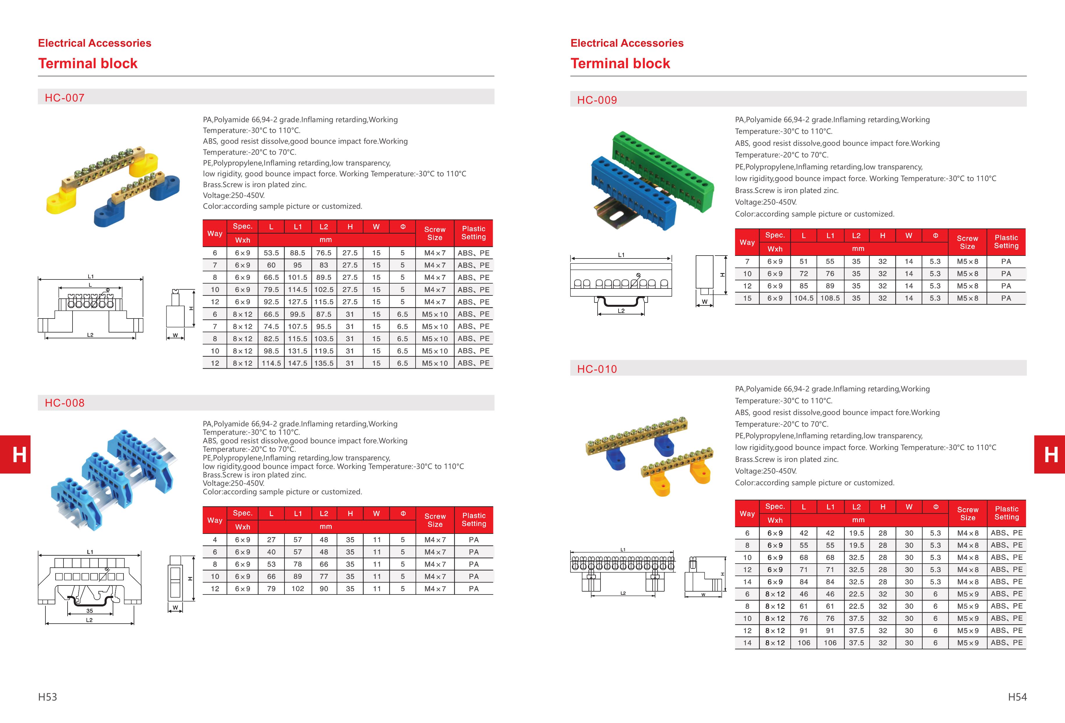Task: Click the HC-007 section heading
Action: tap(65, 98)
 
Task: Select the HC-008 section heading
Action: tap(65, 403)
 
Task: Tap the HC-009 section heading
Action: tap(597, 100)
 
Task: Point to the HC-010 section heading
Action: tap(597, 369)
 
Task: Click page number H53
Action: tap(48, 697)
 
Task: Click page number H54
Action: tap(1017, 697)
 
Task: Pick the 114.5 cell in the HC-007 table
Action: tap(271, 363)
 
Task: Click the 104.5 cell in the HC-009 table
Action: tap(804, 298)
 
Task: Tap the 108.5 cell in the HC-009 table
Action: tap(830, 298)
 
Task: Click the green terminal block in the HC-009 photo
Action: tap(665, 170)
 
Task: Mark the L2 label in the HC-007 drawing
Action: tap(90, 335)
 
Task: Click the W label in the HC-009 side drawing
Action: tap(705, 301)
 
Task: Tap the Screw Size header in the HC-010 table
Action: tap(967, 513)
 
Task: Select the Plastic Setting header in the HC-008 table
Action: tap(474, 519)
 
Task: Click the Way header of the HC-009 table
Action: tap(747, 242)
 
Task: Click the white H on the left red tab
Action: tap(19, 455)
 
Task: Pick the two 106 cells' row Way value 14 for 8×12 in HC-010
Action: tap(747, 643)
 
